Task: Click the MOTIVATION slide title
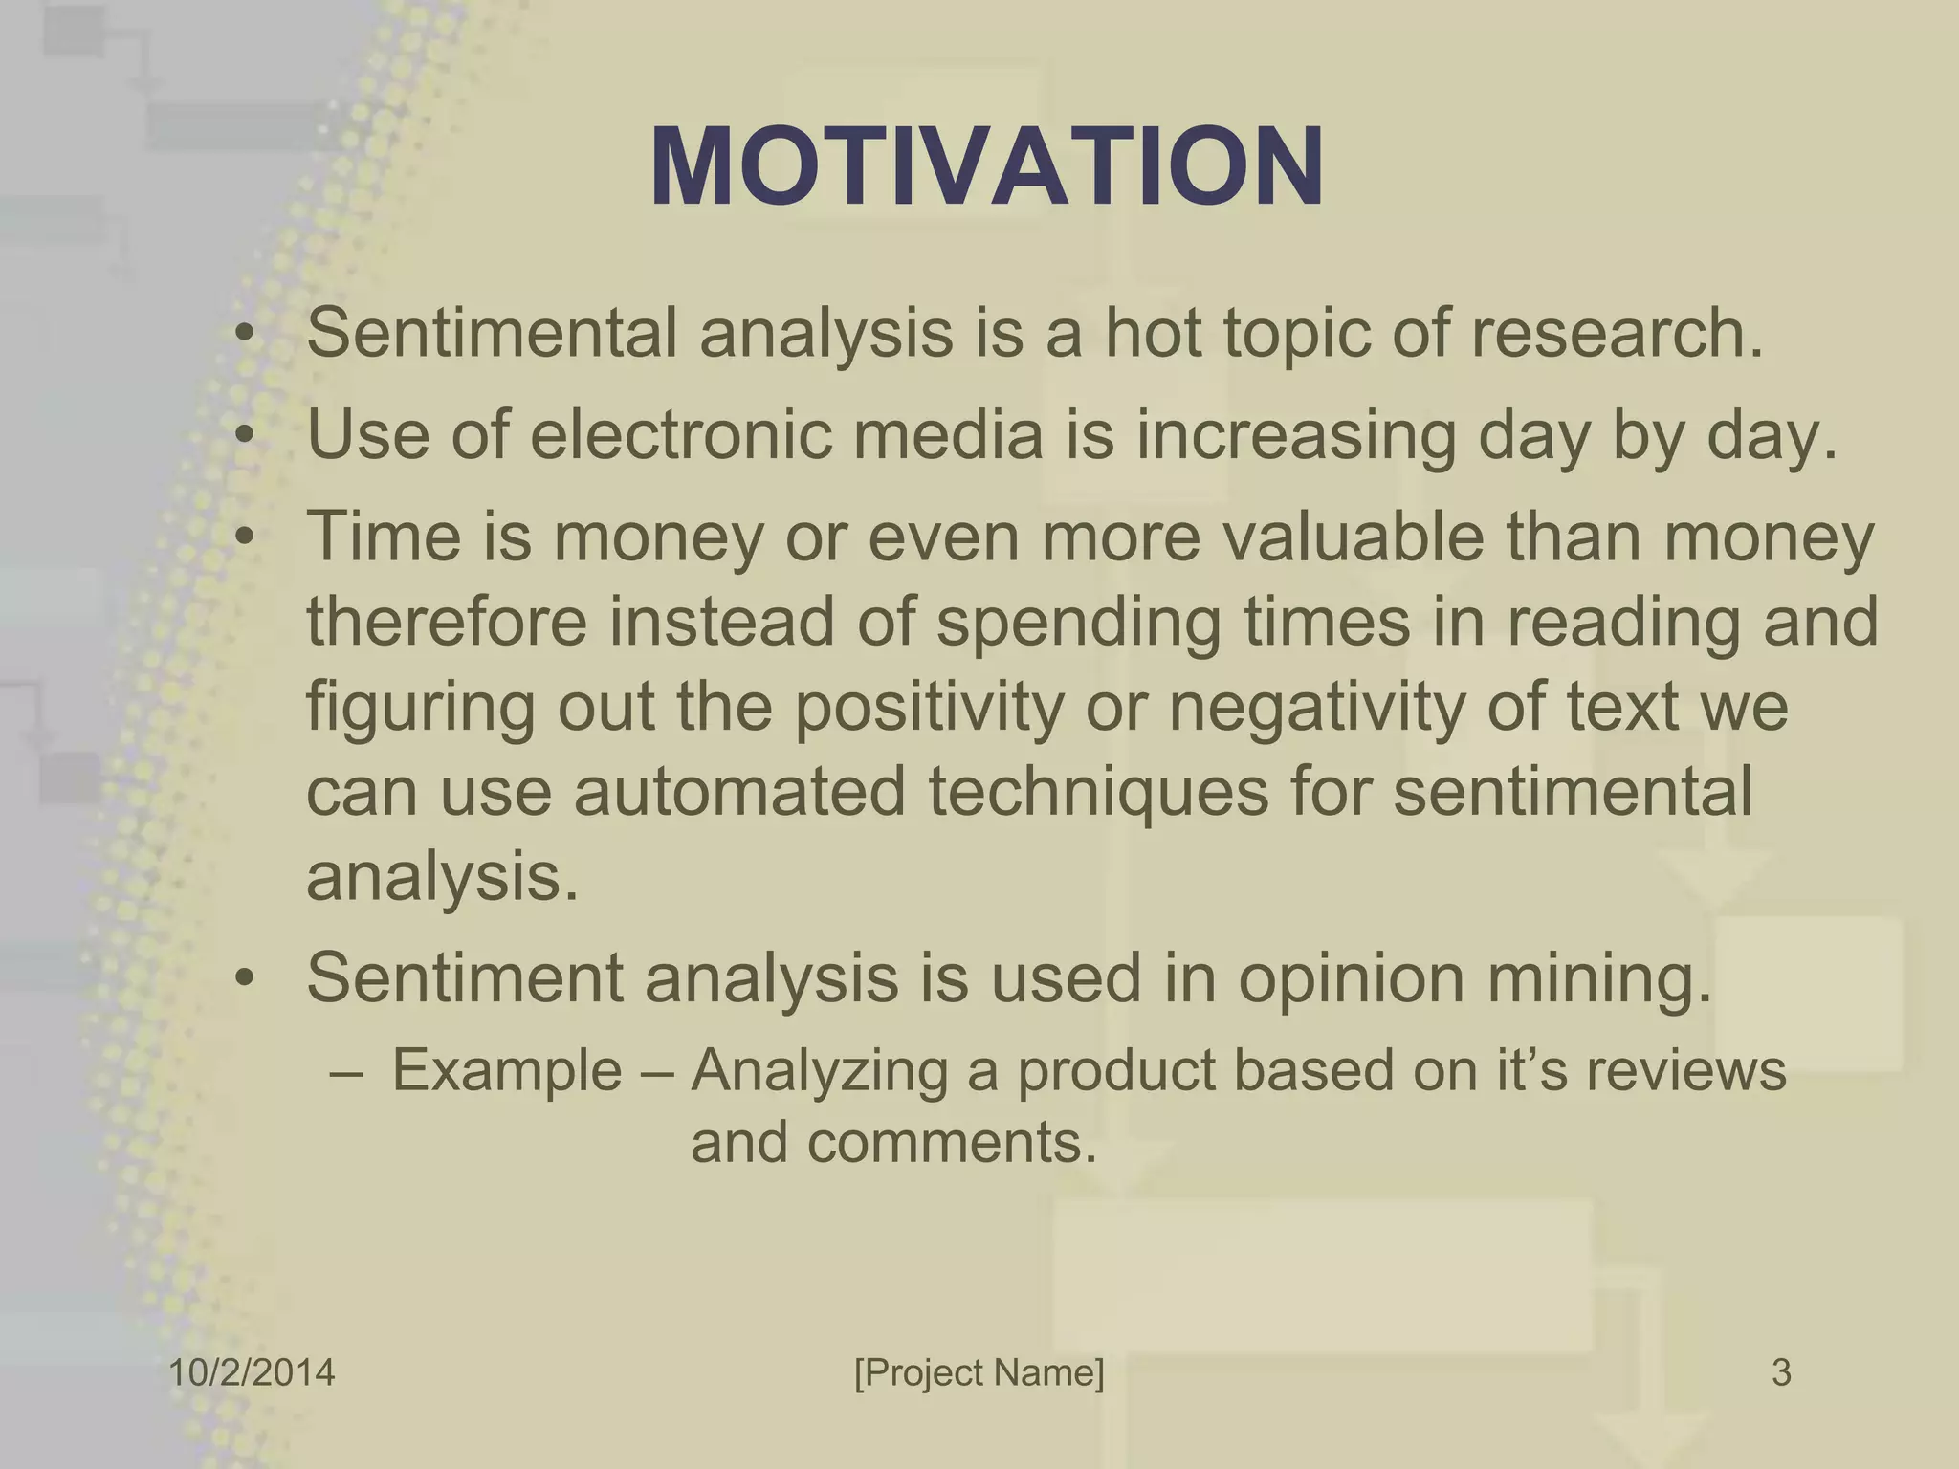986,167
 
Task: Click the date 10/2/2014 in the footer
252,1372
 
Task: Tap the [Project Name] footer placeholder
979,1372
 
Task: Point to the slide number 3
1781,1372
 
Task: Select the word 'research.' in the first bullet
1616,333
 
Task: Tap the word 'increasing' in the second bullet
1295,436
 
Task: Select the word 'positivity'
928,707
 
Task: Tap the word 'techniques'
1098,793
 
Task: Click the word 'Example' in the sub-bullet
507,1069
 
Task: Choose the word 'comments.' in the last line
952,1141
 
